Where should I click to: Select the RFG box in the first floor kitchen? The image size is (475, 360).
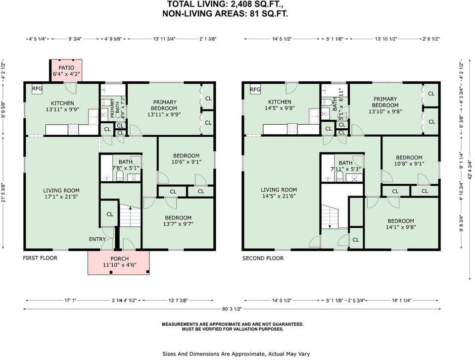(x=37, y=89)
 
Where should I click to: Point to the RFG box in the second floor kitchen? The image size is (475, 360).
(x=255, y=90)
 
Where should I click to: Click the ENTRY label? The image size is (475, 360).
(x=97, y=240)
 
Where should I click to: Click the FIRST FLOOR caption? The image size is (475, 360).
(x=40, y=258)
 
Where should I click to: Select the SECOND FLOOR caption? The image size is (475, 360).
(x=263, y=258)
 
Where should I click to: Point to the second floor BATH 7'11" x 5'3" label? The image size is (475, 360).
(x=345, y=166)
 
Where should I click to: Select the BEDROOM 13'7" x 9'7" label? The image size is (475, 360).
(x=178, y=221)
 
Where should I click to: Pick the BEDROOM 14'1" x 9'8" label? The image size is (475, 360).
(x=401, y=224)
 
